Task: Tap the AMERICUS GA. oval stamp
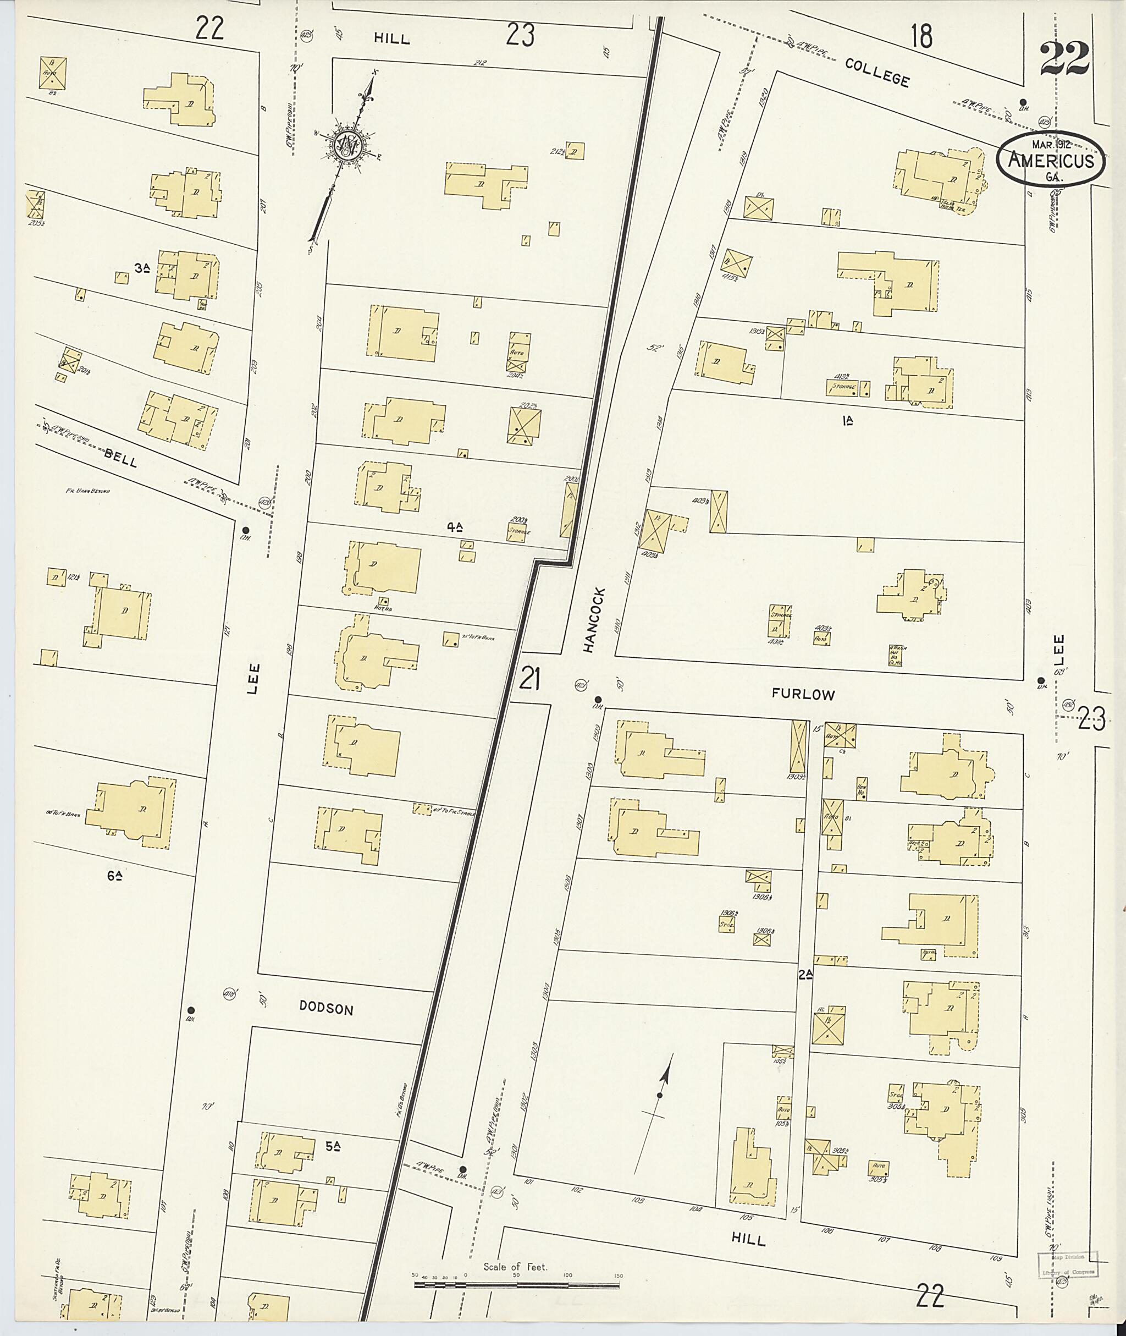(x=1050, y=160)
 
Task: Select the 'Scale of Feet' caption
(x=515, y=1266)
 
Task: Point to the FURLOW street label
(x=803, y=695)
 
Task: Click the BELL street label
(x=120, y=459)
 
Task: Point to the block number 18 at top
(x=921, y=36)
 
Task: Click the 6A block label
(x=115, y=877)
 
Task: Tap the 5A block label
(x=332, y=1146)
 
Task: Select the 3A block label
(x=142, y=269)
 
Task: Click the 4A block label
(x=455, y=527)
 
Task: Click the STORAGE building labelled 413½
(x=841, y=386)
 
